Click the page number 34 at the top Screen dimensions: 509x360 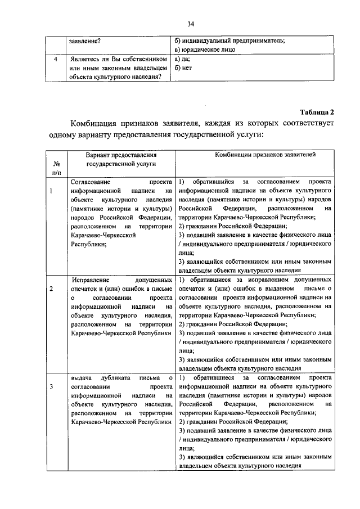[x=191, y=23]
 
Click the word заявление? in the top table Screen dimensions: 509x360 [x=85, y=40]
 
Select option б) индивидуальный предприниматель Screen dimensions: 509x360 [x=230, y=40]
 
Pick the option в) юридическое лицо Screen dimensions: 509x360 [x=205, y=49]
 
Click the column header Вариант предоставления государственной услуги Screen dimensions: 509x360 [x=120, y=159]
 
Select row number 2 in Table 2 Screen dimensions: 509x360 [x=52, y=289]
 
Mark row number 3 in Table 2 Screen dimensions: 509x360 [x=52, y=386]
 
